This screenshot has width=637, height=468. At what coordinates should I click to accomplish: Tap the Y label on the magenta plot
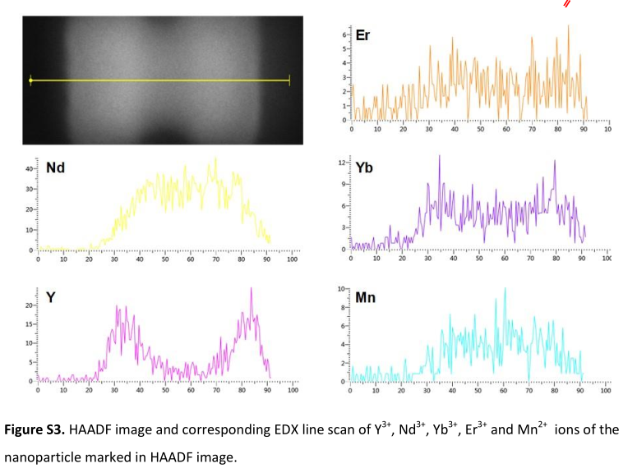tap(51, 297)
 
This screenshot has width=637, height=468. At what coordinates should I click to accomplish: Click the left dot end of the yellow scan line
tap(30, 80)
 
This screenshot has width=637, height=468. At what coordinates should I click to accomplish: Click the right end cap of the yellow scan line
tap(289, 80)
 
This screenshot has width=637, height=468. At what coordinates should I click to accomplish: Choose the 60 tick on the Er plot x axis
tap(505, 130)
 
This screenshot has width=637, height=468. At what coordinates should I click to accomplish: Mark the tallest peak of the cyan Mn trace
tap(505, 289)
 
